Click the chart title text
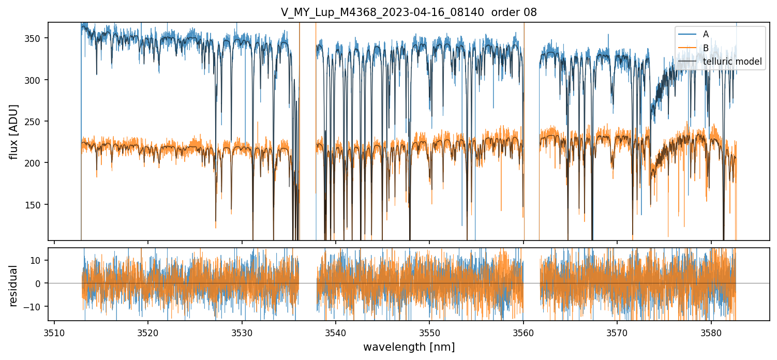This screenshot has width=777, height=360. point(409,12)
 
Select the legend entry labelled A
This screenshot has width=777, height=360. point(706,34)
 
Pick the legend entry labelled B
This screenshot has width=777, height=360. point(706,48)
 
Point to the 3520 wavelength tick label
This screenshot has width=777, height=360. point(148,332)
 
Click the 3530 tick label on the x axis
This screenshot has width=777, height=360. point(242,332)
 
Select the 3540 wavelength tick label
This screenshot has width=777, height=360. point(336,332)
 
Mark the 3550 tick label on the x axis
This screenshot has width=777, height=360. point(429,332)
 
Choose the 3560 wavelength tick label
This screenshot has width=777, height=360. point(524,332)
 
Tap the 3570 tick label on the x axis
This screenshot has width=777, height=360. point(617,332)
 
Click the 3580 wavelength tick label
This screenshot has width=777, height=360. point(711,332)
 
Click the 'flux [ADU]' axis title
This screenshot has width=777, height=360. point(14,131)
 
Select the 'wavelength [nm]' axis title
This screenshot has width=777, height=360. point(409,347)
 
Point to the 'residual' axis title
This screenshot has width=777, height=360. point(14,286)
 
